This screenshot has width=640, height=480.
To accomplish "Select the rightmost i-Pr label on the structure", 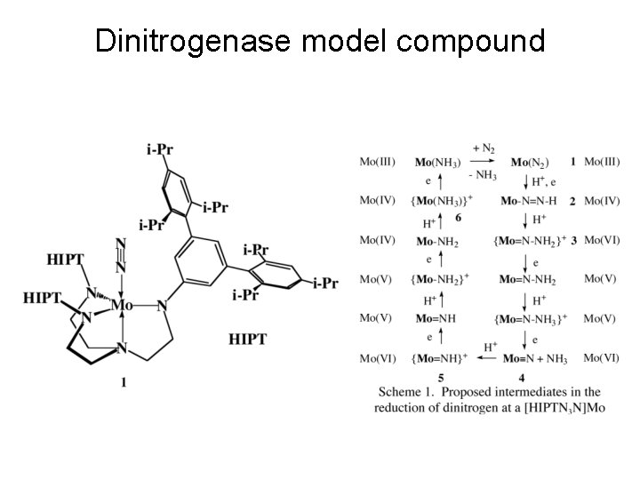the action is click(x=325, y=284).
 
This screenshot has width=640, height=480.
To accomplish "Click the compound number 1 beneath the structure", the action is click(x=123, y=382).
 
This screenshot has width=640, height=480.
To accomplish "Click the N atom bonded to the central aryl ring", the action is click(x=162, y=306).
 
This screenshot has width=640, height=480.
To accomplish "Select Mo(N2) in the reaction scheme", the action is click(x=531, y=162).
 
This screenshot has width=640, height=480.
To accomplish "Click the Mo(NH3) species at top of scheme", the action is click(x=436, y=162).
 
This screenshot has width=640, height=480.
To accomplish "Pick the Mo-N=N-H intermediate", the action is click(x=527, y=201).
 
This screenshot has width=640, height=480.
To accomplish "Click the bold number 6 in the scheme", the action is click(x=457, y=216).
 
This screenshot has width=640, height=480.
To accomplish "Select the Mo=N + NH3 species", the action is click(x=533, y=358).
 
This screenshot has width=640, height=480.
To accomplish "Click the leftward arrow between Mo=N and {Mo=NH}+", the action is click(x=483, y=358).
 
